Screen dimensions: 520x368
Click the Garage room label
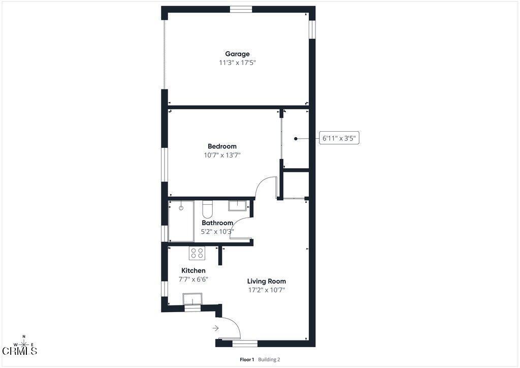[x=237, y=54]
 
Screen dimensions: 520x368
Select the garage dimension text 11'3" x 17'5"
[x=238, y=63]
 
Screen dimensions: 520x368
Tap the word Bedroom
[x=222, y=146]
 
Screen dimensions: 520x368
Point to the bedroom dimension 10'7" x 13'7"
[x=222, y=155]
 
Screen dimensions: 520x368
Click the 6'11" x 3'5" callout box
[x=339, y=138]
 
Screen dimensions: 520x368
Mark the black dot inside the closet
[x=296, y=139]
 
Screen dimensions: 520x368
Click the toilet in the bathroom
[x=207, y=209]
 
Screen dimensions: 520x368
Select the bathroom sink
[x=237, y=206]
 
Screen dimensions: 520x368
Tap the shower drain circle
[x=181, y=208]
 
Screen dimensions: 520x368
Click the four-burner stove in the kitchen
[x=198, y=253]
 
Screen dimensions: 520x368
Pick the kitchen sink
[x=192, y=299]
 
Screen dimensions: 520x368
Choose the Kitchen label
[x=193, y=270]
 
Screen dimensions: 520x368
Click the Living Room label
[x=266, y=282]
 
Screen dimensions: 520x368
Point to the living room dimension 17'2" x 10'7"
[x=267, y=290]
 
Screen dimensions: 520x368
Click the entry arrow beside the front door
[x=215, y=328]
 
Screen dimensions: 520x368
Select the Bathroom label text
[x=217, y=223]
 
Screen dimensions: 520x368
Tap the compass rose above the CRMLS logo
[x=23, y=344]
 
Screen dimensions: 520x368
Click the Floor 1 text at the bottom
[x=247, y=359]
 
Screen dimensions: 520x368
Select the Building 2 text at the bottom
[x=269, y=359]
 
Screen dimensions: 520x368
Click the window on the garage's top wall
[x=241, y=9]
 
